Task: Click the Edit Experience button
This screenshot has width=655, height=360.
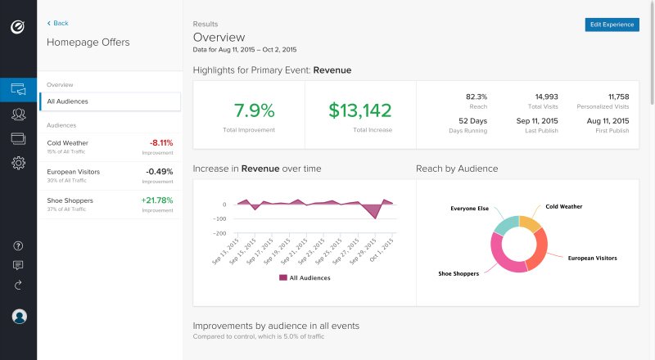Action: tap(612, 25)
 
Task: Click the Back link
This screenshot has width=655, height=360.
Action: tap(57, 23)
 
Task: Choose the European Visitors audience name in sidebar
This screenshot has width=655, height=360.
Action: tap(74, 172)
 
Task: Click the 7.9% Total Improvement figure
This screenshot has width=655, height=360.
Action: tap(254, 110)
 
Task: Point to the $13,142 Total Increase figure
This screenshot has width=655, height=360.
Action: tap(360, 110)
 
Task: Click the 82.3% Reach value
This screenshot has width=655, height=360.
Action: tap(476, 97)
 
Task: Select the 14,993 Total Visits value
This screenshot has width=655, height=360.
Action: tap(546, 97)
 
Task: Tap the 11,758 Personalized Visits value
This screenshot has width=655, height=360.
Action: tap(613, 97)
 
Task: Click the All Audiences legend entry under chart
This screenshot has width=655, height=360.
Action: tap(305, 278)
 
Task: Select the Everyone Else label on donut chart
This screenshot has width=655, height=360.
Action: tap(469, 209)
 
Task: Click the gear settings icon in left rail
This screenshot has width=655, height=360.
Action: tap(18, 163)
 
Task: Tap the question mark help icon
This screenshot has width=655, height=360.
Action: tap(18, 245)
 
